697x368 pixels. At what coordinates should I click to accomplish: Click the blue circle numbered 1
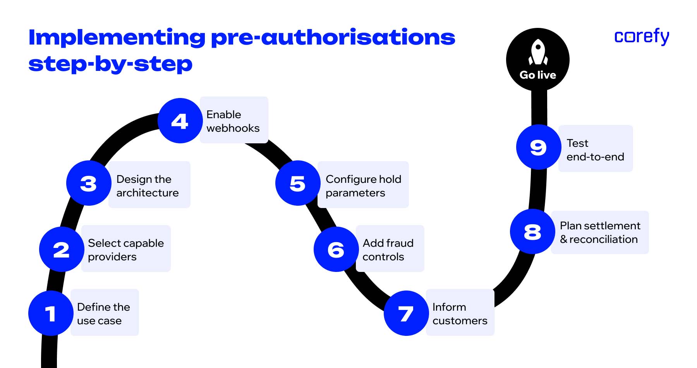click(x=51, y=313)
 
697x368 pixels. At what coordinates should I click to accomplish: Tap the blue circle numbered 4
click(x=180, y=121)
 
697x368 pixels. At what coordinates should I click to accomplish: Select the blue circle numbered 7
click(x=406, y=313)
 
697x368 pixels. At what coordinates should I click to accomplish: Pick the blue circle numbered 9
click(x=539, y=147)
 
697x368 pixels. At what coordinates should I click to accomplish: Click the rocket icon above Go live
click(x=538, y=52)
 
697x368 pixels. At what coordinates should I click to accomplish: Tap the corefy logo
click(x=642, y=37)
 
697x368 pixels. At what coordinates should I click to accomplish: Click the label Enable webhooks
click(x=233, y=121)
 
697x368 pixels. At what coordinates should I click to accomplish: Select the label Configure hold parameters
click(x=363, y=186)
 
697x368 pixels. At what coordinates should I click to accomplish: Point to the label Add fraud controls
click(x=388, y=249)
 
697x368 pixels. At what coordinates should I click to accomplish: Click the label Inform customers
click(x=460, y=313)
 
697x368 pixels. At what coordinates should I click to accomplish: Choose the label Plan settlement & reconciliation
click(x=600, y=232)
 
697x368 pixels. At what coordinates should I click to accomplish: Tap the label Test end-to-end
click(x=595, y=150)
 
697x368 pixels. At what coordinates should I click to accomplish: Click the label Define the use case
click(x=104, y=313)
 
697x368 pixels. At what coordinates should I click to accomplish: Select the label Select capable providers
click(x=126, y=249)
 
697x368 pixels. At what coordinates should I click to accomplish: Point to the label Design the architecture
click(x=148, y=186)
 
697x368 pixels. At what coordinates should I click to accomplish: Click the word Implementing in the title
click(x=117, y=38)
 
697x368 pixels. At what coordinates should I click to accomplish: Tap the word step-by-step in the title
click(x=110, y=64)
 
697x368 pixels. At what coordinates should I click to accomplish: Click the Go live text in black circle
click(x=538, y=75)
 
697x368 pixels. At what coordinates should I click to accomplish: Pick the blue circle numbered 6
click(x=336, y=249)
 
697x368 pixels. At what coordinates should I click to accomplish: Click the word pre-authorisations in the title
click(x=333, y=38)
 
